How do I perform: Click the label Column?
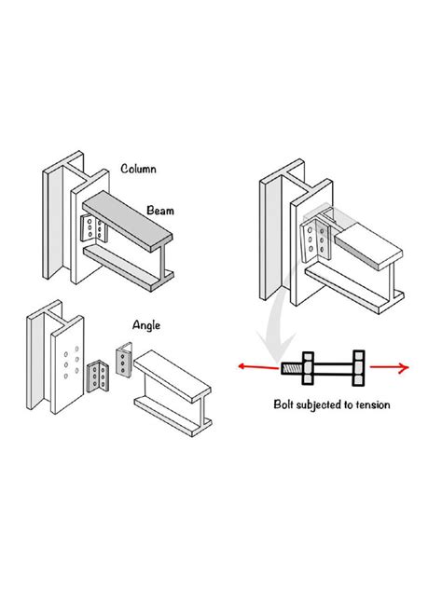tap(138, 169)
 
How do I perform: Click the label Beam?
tap(159, 212)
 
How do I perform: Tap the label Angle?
tap(146, 325)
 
